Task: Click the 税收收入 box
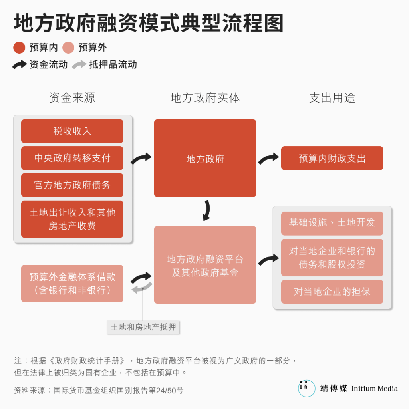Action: coord(72,131)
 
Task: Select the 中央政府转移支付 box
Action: coord(72,158)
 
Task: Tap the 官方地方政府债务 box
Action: coord(72,185)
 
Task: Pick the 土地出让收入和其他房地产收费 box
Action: coord(72,219)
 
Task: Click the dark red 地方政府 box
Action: coord(205,158)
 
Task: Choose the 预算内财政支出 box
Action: coord(332,158)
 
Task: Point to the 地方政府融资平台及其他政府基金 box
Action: coord(205,265)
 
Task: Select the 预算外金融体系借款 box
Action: coord(72,284)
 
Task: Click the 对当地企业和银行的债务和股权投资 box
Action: coord(332,258)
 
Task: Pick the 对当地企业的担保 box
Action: coord(332,292)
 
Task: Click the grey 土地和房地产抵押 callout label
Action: coord(143,327)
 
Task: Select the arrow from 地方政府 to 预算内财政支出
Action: coord(268,158)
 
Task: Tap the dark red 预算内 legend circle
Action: coord(19,48)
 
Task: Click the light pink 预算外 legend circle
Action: coord(68,48)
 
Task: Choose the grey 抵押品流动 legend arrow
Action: coord(79,64)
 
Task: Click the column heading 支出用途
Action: coord(332,98)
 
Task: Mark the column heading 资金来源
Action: coord(72,98)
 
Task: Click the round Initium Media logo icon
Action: coord(307,388)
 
